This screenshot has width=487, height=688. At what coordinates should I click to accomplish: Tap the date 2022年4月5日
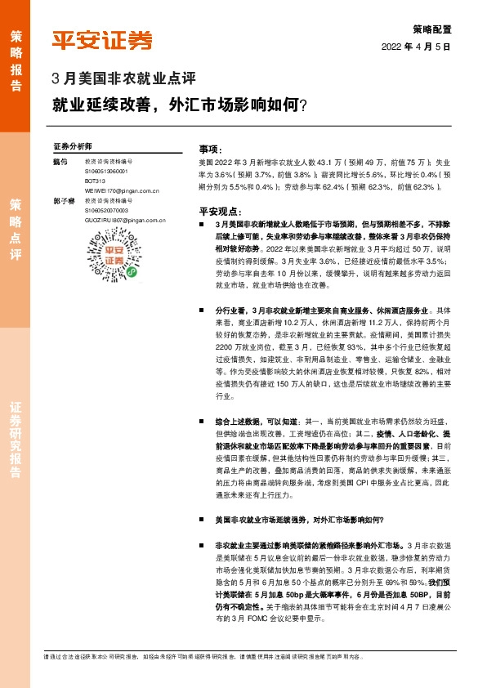(417, 47)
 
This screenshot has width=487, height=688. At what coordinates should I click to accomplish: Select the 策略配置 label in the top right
(431, 27)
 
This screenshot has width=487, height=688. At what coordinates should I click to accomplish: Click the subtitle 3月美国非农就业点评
(123, 80)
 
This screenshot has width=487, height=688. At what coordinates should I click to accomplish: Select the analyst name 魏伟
(59, 162)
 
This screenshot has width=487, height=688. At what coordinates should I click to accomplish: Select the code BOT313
(95, 180)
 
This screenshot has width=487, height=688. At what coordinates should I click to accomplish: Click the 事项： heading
(211, 150)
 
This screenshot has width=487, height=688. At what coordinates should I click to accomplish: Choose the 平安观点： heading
(217, 210)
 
